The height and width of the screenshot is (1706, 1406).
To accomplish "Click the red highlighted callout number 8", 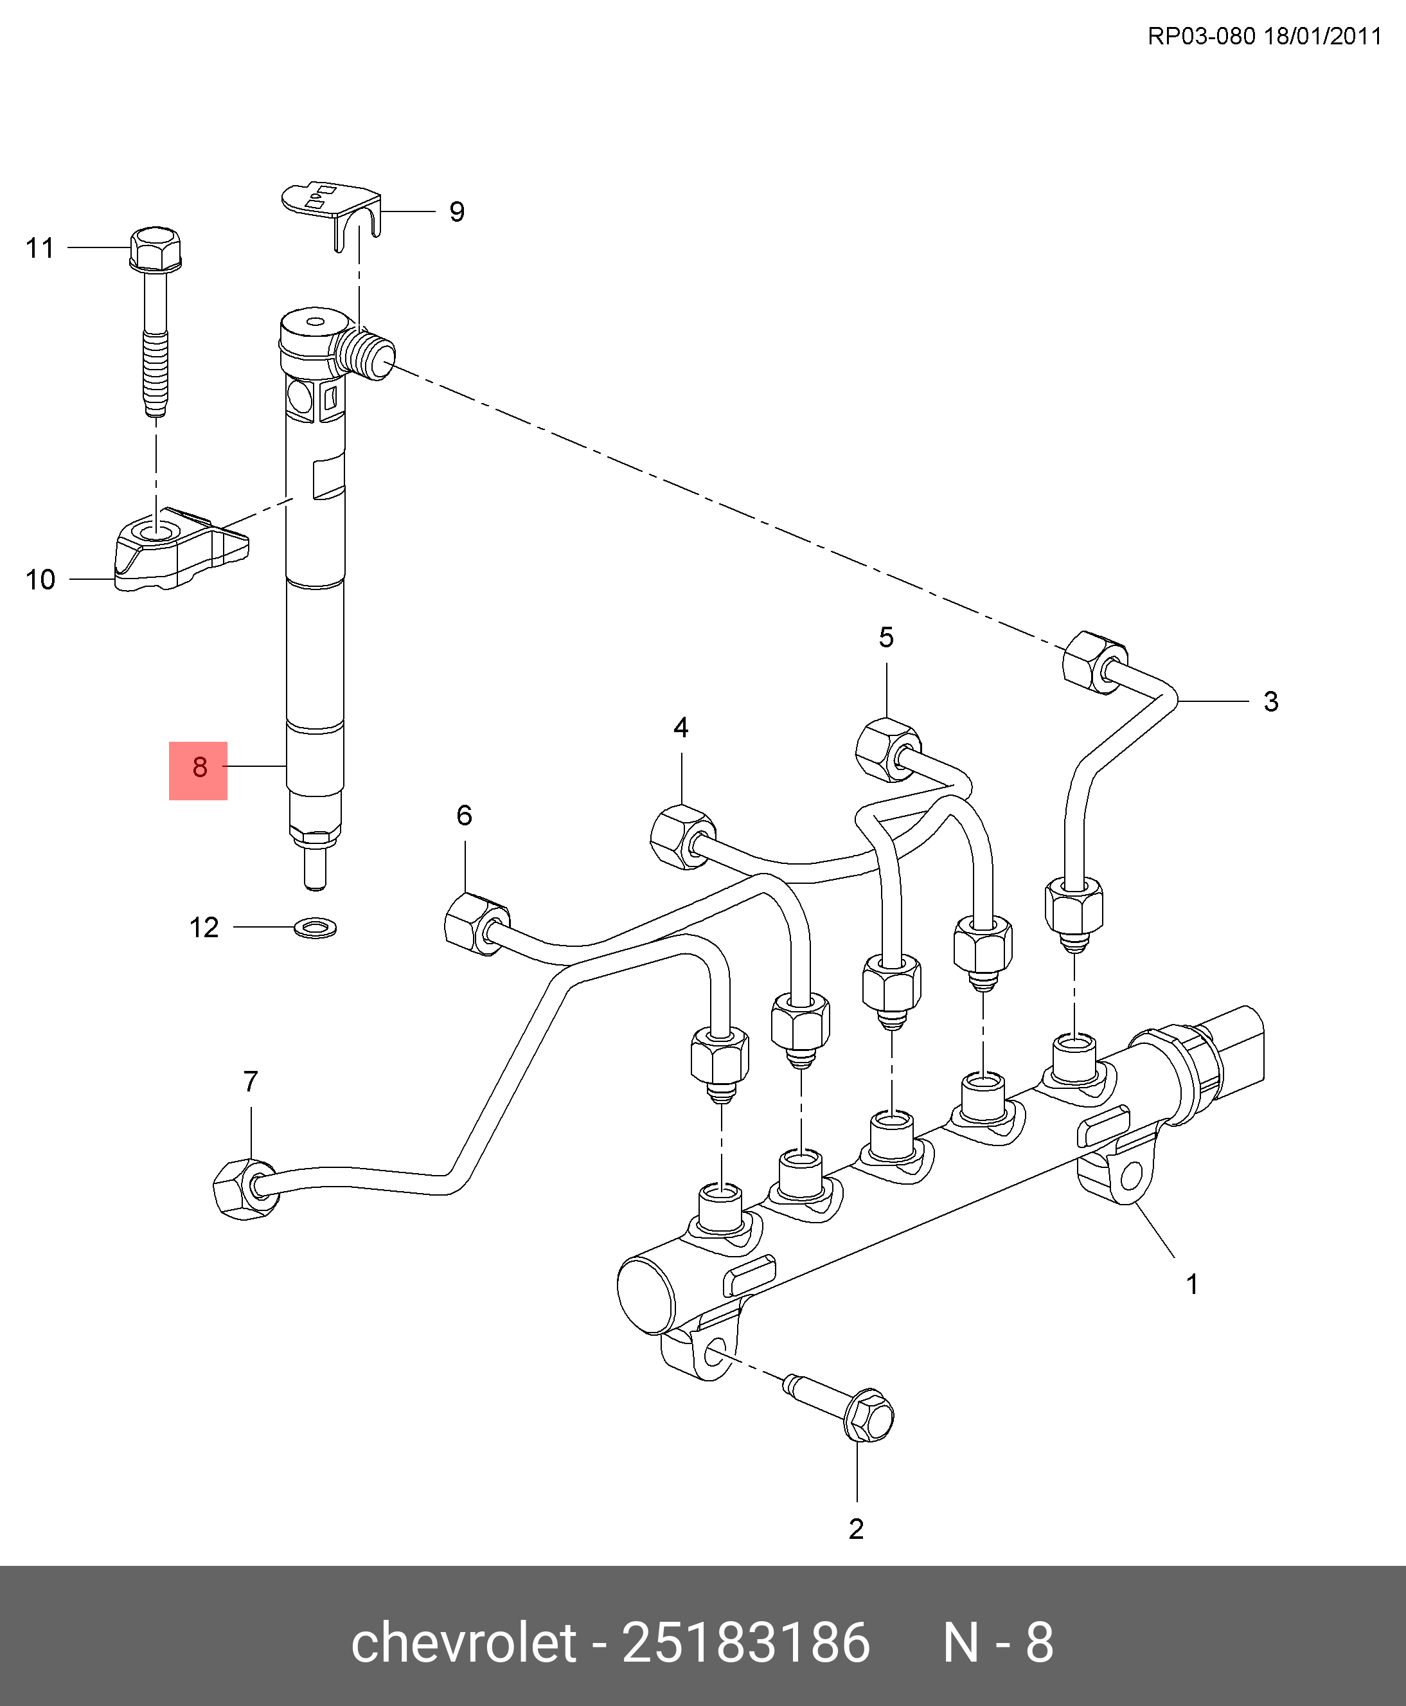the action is coord(199,769).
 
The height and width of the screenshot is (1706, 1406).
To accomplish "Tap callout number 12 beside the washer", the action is coord(204,928).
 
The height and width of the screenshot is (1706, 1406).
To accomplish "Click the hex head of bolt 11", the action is coord(156,247).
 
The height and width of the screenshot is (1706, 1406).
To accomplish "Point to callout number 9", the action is coord(457,212).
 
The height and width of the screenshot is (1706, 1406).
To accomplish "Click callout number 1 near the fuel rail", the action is coord(1192,1307).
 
